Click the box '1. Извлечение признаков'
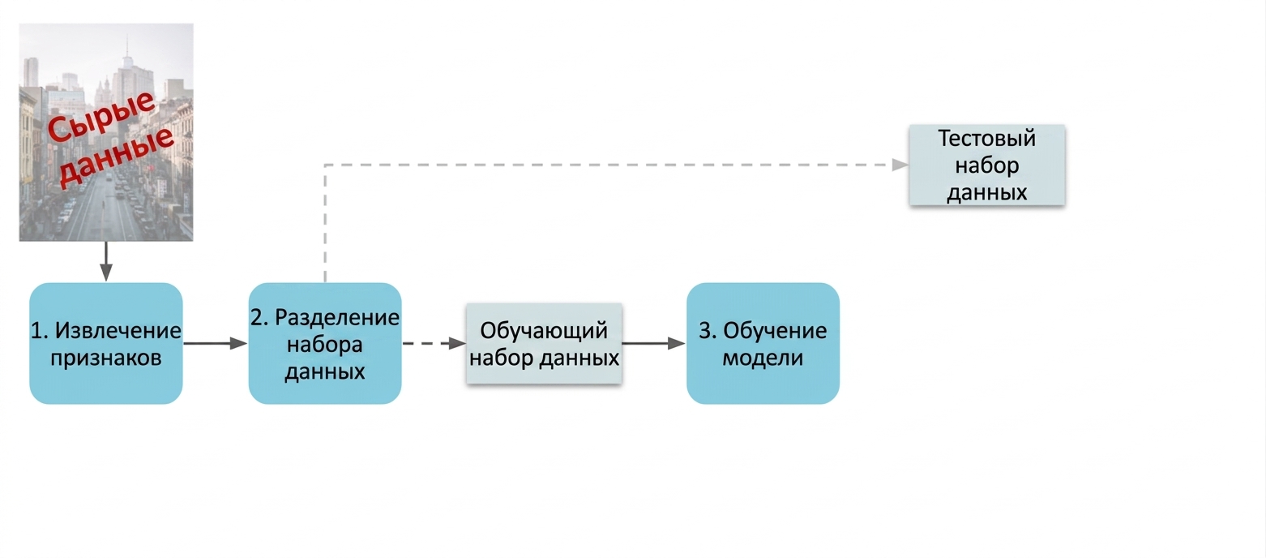(x=105, y=343)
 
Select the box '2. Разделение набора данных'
(x=325, y=343)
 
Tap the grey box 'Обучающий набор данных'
(x=545, y=343)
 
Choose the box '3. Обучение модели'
(x=763, y=343)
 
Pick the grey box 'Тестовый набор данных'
(x=987, y=165)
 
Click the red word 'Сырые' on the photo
(x=101, y=115)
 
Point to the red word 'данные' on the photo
(x=117, y=157)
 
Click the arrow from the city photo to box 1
(x=105, y=261)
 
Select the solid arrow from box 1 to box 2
(x=216, y=343)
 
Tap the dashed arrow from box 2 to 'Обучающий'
(x=434, y=343)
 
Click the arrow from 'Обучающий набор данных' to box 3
(x=654, y=343)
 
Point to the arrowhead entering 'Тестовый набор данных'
(x=900, y=165)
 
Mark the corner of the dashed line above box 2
(x=325, y=165)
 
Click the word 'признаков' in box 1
(x=105, y=358)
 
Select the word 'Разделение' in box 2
(x=337, y=318)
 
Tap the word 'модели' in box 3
(x=763, y=358)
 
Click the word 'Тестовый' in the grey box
(x=987, y=139)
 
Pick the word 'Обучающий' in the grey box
(x=544, y=331)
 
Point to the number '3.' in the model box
(x=708, y=331)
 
